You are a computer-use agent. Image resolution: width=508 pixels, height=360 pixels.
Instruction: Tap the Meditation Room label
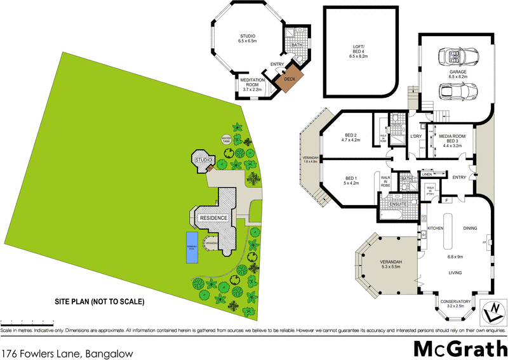click(x=252, y=83)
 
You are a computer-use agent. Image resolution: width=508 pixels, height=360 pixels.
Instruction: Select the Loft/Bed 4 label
click(x=359, y=50)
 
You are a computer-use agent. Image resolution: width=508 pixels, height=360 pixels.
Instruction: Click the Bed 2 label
click(x=351, y=138)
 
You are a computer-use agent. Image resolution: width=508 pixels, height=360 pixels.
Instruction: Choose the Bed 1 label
click(x=351, y=180)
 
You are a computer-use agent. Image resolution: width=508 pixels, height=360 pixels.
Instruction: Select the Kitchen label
click(x=434, y=227)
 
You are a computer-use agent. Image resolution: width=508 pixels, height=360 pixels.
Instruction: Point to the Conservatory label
click(x=456, y=302)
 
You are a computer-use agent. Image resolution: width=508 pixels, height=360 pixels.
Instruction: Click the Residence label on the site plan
click(x=214, y=218)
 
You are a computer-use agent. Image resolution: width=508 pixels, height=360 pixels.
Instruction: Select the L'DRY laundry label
click(x=417, y=137)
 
